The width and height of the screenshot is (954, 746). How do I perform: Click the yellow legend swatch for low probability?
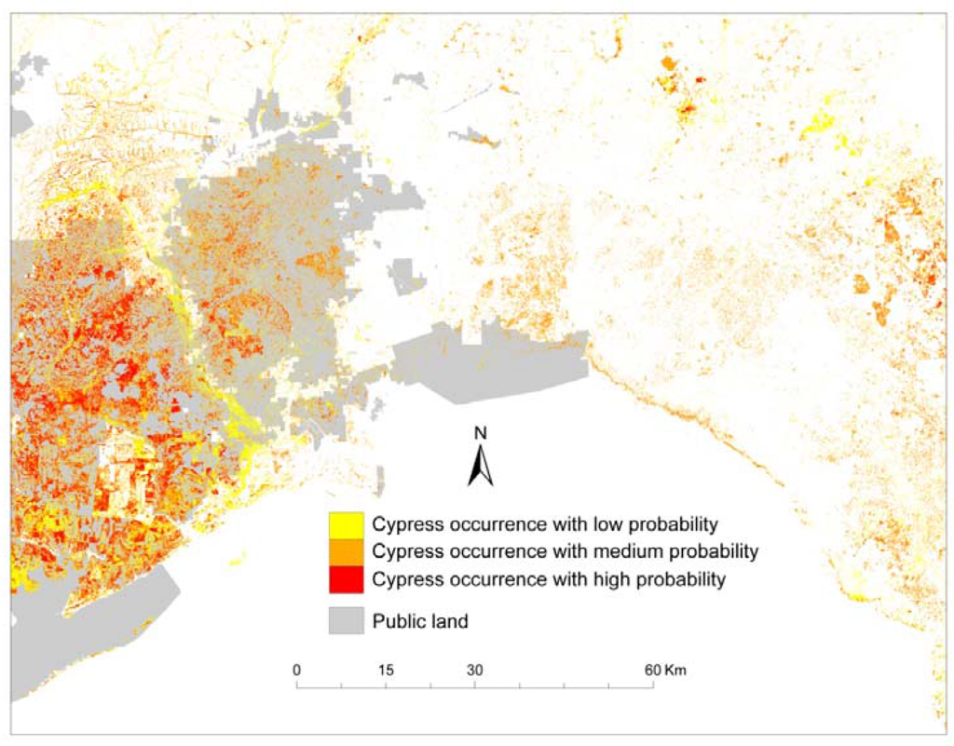(344, 523)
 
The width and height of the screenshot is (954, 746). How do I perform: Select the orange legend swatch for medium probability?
(344, 551)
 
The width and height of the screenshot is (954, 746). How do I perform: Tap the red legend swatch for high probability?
(344, 579)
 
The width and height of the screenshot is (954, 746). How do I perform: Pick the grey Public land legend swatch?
(344, 621)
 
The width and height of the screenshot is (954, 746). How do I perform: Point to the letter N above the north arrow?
(481, 432)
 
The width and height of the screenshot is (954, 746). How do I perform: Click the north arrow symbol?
(481, 467)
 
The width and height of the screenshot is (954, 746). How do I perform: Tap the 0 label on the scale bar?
(296, 670)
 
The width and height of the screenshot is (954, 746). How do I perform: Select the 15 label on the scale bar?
(386, 670)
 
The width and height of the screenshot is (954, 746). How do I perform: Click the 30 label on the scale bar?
(474, 670)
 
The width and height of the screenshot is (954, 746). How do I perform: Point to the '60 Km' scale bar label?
(665, 670)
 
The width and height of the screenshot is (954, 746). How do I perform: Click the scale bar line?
(474, 686)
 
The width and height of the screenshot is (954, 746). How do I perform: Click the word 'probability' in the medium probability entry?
(704, 551)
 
